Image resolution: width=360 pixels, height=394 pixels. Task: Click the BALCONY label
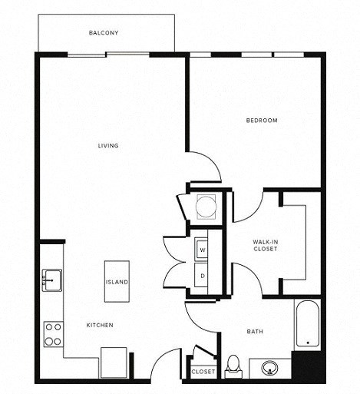[104, 33]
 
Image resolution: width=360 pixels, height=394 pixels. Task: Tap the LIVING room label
[107, 146]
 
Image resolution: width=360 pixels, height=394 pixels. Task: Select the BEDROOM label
[262, 121]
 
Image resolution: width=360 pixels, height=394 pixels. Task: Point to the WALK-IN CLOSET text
[265, 246]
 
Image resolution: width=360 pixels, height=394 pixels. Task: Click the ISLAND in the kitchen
[117, 282]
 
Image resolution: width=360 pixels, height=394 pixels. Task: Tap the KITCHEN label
[100, 326]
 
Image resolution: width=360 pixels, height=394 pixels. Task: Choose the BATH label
[255, 332]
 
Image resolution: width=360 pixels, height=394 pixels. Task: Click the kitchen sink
[52, 278]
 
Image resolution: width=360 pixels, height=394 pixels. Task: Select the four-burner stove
[53, 333]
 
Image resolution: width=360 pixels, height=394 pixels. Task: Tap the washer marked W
[203, 250]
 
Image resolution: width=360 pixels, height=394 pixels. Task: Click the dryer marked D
[203, 275]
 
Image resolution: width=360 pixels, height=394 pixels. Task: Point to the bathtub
[307, 324]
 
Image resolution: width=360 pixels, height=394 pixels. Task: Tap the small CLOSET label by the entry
[203, 372]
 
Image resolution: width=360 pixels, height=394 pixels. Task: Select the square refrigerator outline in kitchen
[114, 363]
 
